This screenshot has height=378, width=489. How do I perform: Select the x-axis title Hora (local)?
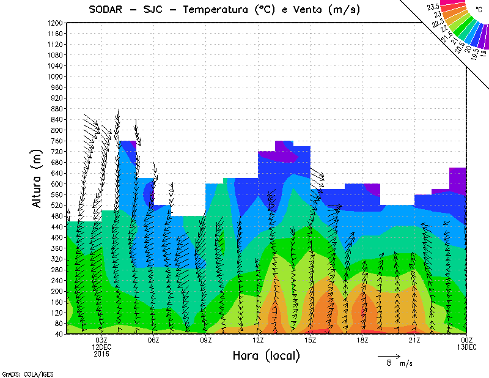click(x=266, y=356)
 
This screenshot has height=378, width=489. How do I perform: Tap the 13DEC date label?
click(x=468, y=347)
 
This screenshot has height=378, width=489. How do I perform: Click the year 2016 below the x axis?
click(x=101, y=353)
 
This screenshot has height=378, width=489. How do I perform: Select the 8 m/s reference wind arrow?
click(x=389, y=355)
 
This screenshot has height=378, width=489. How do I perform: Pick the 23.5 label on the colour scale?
click(x=433, y=7)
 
